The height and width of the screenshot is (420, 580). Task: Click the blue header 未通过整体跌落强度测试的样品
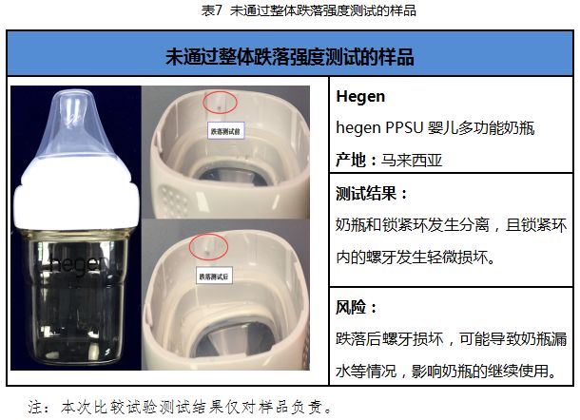click(x=290, y=57)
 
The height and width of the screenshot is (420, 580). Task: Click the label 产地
click(x=351, y=159)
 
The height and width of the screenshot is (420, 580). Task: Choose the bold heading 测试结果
click(x=371, y=194)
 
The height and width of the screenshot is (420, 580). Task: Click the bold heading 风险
click(x=358, y=307)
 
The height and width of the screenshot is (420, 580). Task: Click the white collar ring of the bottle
click(x=74, y=195)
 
